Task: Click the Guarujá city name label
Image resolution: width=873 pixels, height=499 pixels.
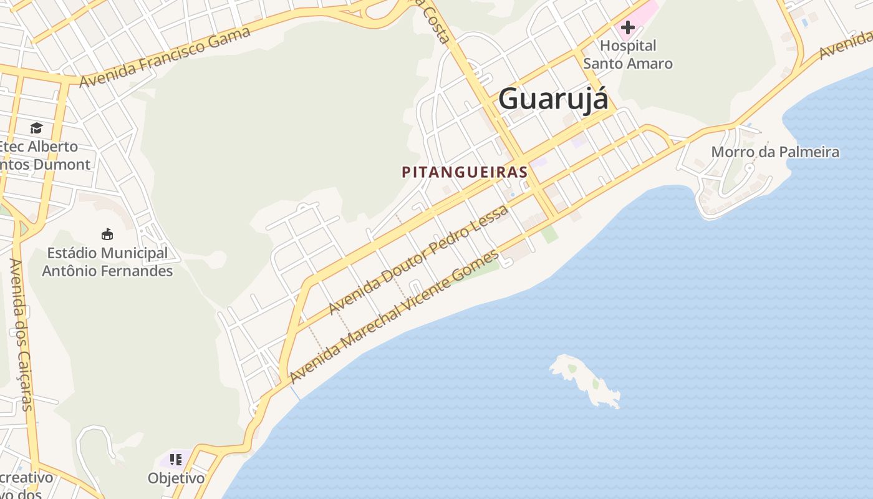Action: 552,99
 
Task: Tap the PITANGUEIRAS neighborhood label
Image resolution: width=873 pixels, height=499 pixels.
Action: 465,172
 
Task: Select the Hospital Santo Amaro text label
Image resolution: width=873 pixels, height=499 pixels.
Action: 628,54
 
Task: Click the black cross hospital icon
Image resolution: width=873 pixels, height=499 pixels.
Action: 628,27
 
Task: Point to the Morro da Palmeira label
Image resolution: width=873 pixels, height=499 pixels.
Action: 775,152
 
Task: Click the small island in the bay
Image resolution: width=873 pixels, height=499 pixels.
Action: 586,380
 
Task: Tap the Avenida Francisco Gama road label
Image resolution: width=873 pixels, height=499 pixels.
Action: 165,57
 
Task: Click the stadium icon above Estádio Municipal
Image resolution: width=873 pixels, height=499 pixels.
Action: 107,235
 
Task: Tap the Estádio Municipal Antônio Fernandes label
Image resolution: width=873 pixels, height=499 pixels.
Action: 107,262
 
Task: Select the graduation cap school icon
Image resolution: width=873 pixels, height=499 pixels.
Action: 36,128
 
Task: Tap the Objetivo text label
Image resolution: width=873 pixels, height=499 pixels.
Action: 176,478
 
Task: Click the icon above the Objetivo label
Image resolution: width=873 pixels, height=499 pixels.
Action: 176,460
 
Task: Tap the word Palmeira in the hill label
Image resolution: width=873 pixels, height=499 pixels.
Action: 811,152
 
